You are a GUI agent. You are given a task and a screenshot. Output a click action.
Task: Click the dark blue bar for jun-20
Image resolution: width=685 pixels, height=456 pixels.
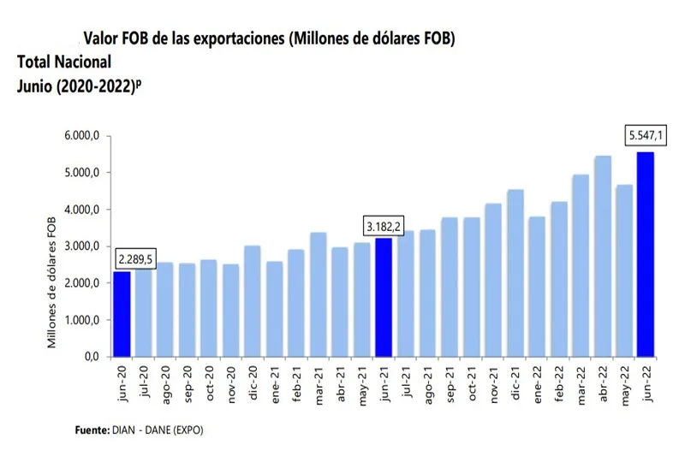click(122, 313)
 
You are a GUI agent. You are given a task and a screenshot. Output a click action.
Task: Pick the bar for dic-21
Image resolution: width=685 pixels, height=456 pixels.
click(515, 272)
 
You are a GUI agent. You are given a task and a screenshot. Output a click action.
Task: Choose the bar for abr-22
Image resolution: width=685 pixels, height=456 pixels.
click(602, 256)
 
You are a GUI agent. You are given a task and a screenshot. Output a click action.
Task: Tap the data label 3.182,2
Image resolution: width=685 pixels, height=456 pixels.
click(383, 227)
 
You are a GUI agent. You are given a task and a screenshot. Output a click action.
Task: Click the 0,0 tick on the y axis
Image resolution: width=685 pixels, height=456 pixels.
click(92, 357)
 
